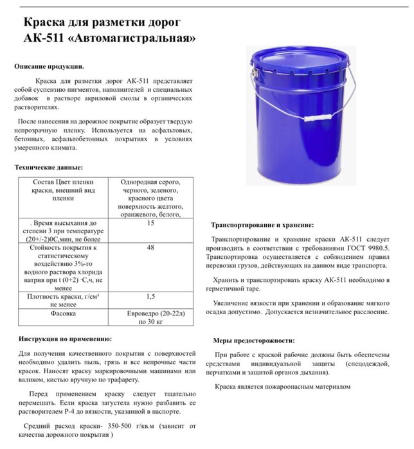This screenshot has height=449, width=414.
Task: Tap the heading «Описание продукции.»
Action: tap(49, 66)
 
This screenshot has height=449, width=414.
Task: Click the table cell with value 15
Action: tap(151, 224)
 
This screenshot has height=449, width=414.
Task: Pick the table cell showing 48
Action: tap(151, 247)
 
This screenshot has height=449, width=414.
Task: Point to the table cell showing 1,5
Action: tap(151, 297)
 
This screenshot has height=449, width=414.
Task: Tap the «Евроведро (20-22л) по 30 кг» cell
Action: tap(151, 319)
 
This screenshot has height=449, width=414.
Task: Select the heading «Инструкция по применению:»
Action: tap(64, 339)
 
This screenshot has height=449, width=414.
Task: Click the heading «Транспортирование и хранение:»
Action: tap(263, 225)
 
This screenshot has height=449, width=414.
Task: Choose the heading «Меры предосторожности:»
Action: tap(254, 340)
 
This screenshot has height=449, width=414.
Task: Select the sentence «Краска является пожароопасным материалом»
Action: tap(282, 387)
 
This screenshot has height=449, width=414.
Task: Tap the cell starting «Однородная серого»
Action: tap(151, 198)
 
